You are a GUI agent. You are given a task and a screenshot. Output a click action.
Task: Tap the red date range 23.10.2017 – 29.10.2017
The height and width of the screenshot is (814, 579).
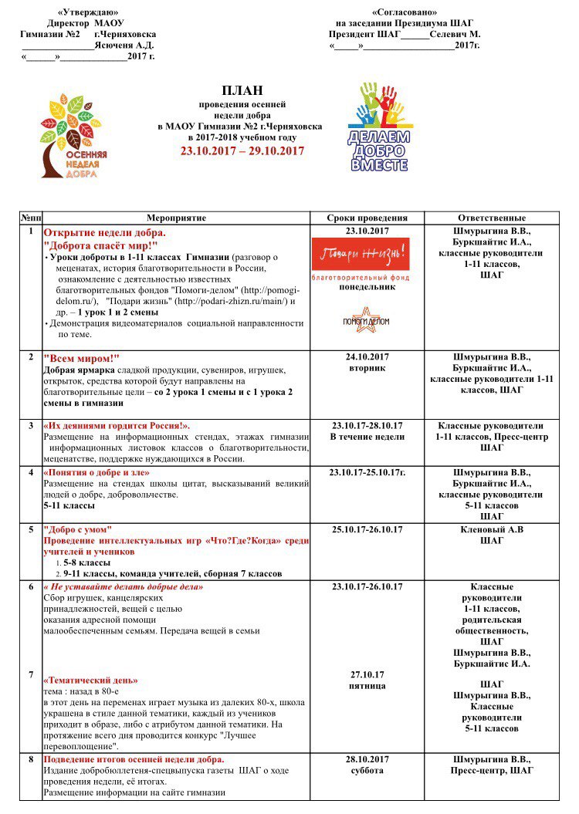coord(242,150)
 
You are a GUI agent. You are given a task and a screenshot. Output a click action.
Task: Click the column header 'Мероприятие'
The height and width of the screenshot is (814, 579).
coord(176,218)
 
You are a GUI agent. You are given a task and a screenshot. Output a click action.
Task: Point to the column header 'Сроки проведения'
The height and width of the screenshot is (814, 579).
coord(367,218)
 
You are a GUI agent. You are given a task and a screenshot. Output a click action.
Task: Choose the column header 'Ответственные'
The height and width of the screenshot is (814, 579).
coord(492,218)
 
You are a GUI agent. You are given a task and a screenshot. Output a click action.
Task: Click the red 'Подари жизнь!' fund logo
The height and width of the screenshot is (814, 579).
coord(360,254)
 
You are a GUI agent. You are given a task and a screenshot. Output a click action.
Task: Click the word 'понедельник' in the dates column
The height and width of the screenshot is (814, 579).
coord(367,287)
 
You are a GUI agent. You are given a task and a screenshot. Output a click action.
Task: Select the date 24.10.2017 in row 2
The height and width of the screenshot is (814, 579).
coord(367,357)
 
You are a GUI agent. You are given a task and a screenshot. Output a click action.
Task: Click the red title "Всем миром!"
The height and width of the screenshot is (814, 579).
coord(82,358)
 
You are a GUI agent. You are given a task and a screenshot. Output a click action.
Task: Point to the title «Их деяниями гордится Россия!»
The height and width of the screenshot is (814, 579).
coord(116,426)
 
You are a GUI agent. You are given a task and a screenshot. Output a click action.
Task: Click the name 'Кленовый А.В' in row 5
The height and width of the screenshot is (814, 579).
coord(492,529)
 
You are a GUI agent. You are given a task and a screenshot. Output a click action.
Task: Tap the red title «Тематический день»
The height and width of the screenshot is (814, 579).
coord(91,681)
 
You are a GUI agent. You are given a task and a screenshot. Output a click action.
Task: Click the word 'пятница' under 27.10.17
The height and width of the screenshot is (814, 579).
coord(367,686)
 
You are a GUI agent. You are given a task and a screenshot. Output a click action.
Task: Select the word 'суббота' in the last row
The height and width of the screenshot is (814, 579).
coord(367,771)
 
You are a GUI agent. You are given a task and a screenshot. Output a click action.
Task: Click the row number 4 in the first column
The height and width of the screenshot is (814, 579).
coord(31,472)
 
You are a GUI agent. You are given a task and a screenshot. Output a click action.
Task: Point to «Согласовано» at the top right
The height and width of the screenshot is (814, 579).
coord(405,12)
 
